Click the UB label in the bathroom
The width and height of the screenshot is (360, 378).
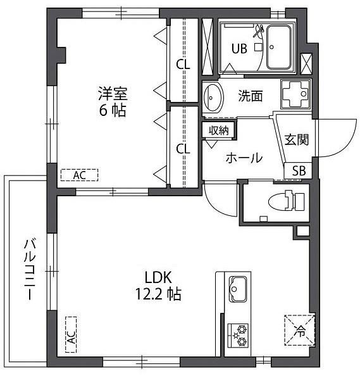point(239,49)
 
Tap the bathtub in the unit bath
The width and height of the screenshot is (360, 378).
point(278,47)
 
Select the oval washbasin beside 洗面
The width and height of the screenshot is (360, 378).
point(213,97)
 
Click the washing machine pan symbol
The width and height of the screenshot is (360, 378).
point(295,94)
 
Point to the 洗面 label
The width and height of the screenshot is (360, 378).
point(251,96)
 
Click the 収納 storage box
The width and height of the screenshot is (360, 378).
point(218,130)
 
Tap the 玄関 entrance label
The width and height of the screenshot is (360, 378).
point(297,139)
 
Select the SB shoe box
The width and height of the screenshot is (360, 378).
point(299,170)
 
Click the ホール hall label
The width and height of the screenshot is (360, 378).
point(244,158)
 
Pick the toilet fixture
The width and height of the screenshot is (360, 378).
point(286,201)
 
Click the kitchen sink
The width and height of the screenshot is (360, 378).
point(238,289)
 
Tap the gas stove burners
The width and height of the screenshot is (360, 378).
point(238,336)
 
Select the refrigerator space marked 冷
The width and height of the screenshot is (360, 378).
point(299,331)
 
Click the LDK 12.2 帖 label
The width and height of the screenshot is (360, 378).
point(158,286)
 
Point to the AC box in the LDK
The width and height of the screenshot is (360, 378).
point(71,334)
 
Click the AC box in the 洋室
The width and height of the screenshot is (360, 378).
point(80,175)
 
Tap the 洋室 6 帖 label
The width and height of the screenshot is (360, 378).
point(113,102)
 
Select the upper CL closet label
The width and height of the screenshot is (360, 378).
point(183,65)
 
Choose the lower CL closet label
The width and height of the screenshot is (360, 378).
point(183,149)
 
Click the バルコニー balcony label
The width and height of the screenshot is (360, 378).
point(30,269)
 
